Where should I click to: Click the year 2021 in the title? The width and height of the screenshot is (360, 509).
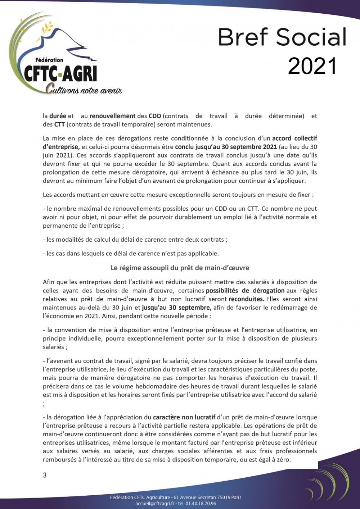[312, 66]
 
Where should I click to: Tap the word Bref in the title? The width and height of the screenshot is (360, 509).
[243, 37]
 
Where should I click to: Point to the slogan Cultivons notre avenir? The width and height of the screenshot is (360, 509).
[84, 90]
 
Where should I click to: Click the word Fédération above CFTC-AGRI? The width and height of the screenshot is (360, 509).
[49, 60]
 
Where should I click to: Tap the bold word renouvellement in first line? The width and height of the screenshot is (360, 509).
[112, 116]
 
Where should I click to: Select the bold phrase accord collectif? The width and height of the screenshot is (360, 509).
[294, 138]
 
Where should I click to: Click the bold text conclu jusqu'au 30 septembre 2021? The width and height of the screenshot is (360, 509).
[226, 147]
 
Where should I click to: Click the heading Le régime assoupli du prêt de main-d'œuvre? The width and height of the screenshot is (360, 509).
[180, 268]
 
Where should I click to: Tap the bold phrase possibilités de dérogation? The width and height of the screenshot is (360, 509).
[245, 291]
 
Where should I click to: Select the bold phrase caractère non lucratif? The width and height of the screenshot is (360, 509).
[184, 417]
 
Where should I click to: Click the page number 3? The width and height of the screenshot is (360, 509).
[45, 475]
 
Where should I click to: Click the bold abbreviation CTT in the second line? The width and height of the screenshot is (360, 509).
[59, 125]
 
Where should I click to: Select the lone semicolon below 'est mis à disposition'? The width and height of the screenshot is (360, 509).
[44, 404]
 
